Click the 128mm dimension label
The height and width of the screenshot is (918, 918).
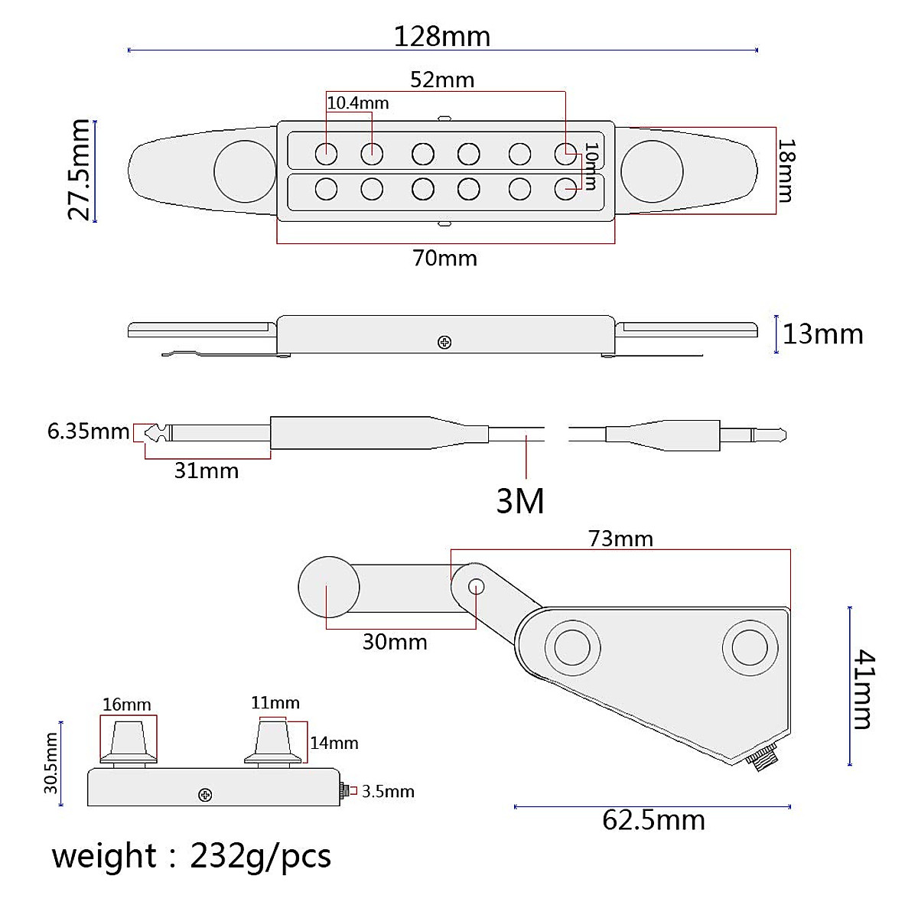(442, 37)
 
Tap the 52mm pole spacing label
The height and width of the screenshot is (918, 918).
(443, 80)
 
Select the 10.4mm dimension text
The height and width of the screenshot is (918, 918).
(358, 103)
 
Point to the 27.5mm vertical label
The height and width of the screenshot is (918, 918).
(79, 170)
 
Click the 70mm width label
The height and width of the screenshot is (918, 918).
(445, 259)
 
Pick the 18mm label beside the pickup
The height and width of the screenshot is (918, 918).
(786, 171)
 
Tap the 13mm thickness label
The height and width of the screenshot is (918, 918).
(823, 334)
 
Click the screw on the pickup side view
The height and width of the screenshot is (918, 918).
(444, 343)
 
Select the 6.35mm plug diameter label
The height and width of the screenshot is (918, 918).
(89, 431)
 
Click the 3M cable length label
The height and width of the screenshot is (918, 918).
(520, 500)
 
